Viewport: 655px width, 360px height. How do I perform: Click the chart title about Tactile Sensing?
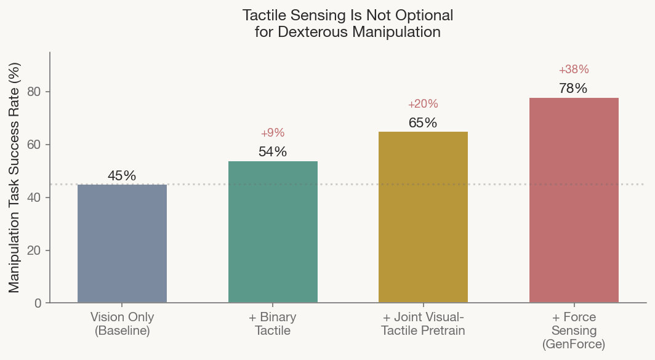coord(348,23)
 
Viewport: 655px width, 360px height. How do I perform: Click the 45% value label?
coord(122,175)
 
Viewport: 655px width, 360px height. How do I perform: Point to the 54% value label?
coord(273,152)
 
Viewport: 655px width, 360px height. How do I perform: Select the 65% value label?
coord(423,122)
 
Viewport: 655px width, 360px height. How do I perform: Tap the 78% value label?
coord(573,88)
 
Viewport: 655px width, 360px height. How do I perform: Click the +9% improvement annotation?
coord(273,133)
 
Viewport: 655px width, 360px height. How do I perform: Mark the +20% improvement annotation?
coord(423,104)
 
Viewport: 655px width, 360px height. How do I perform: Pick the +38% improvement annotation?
coord(574,70)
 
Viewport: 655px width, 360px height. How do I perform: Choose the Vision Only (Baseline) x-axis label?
coord(122,324)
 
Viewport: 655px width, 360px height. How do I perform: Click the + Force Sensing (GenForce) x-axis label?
coord(574,330)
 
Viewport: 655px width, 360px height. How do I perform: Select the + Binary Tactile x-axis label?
coord(273,324)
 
